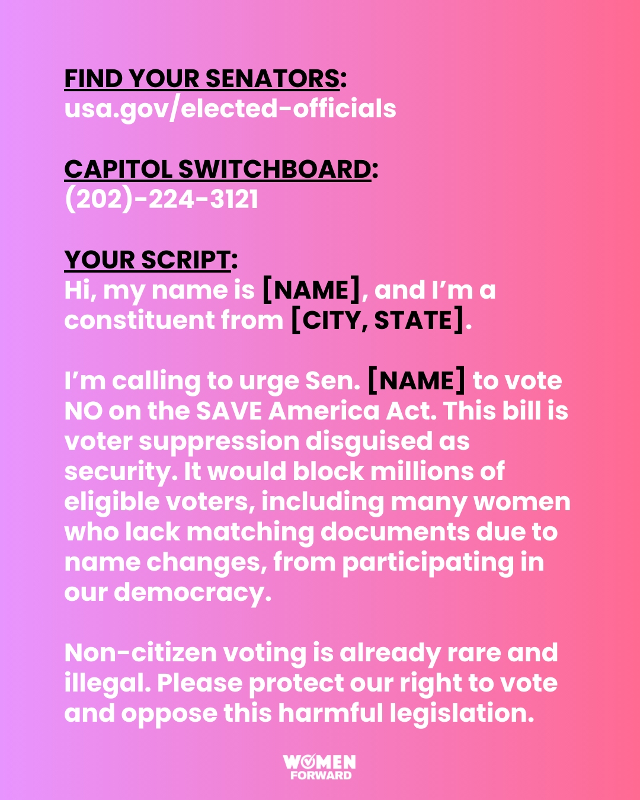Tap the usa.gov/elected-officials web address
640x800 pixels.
pos(230,109)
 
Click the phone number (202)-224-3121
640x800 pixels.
pos(161,200)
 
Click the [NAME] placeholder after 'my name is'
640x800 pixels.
pos(311,290)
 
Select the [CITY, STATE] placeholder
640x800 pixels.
pos(377,321)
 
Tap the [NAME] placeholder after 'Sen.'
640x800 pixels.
pos(417,381)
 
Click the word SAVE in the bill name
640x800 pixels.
pos(229,411)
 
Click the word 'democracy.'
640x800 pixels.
pos(193,593)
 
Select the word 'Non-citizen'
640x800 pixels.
pos(140,653)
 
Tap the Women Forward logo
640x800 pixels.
pos(320,767)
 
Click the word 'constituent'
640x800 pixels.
pos(139,321)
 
